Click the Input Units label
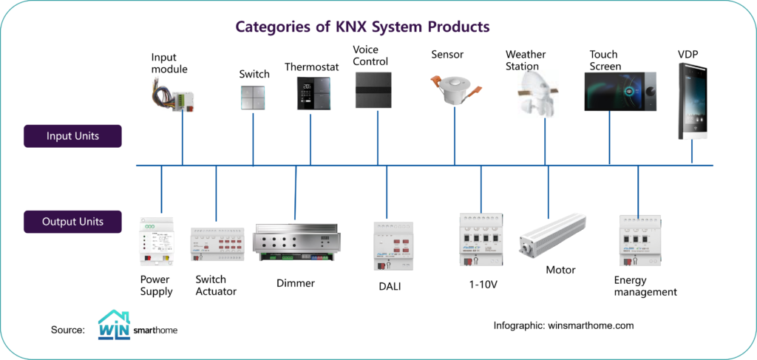[72, 136]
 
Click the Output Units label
[72, 221]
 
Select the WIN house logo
[114, 325]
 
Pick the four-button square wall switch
[254, 96]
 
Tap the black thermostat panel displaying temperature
[310, 93]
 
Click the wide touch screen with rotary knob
[619, 92]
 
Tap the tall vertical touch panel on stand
[693, 101]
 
